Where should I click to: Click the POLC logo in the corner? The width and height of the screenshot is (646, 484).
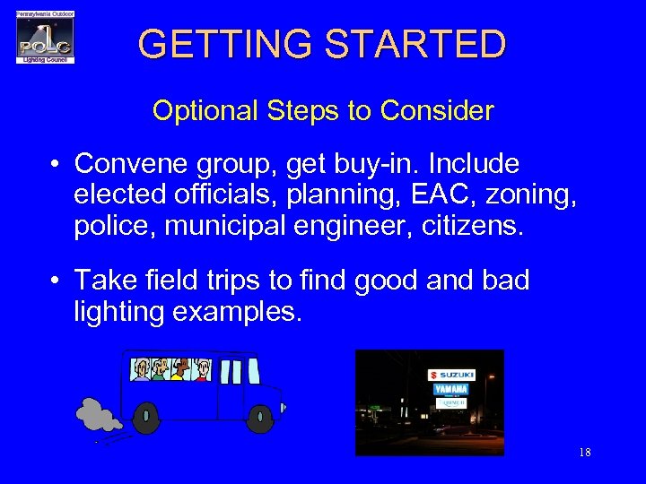click(x=45, y=38)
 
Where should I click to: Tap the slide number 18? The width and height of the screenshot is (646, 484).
click(x=584, y=453)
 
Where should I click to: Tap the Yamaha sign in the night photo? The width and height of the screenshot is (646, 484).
click(x=450, y=389)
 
